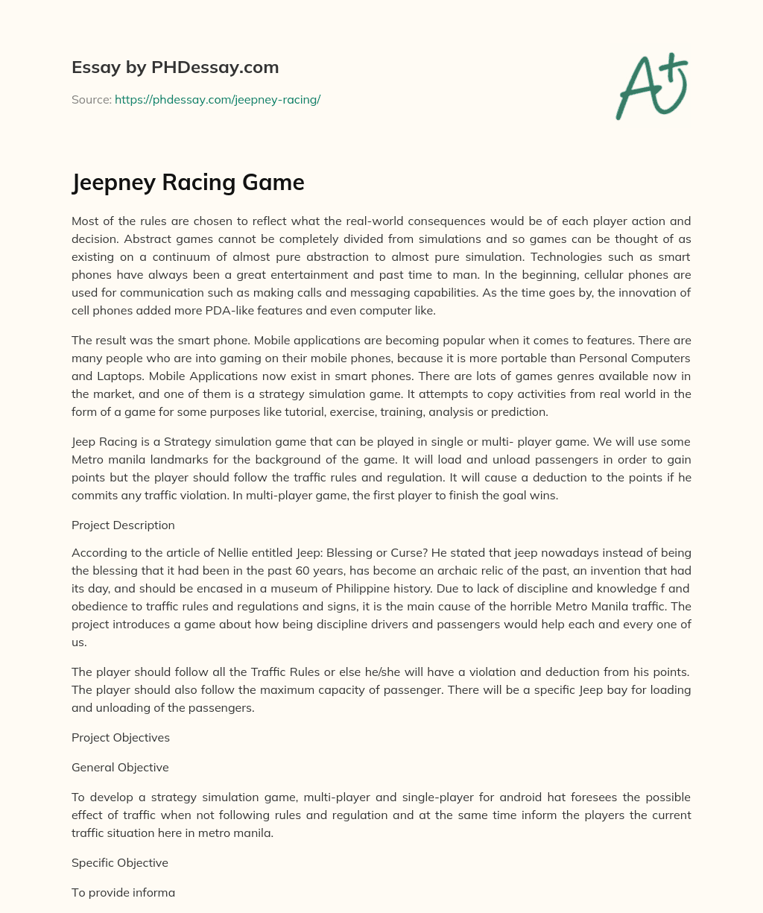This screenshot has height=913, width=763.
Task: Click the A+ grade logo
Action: coord(651,86)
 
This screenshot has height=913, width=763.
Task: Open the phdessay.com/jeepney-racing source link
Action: coord(218,99)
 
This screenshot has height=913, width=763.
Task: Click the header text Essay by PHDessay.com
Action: coord(175,68)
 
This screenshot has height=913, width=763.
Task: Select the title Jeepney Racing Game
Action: coord(188,183)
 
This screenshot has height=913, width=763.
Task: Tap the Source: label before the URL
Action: coord(91,99)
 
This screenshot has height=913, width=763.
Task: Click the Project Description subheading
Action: coord(123,525)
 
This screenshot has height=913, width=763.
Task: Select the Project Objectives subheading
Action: coord(121,737)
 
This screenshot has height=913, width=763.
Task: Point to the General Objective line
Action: coord(120,767)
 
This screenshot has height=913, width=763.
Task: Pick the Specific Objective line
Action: coord(120,862)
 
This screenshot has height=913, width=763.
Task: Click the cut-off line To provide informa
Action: coord(123,892)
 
